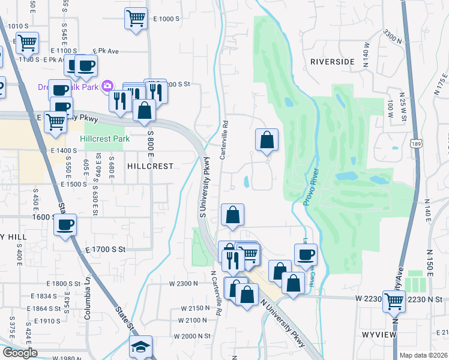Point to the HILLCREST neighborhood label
(x=149, y=166)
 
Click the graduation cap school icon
(x=140, y=347)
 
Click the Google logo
(x=20, y=353)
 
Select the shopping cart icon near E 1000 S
(x=136, y=19)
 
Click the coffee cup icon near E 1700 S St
(x=65, y=226)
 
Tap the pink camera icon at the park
(x=107, y=86)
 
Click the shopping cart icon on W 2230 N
(x=394, y=301)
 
